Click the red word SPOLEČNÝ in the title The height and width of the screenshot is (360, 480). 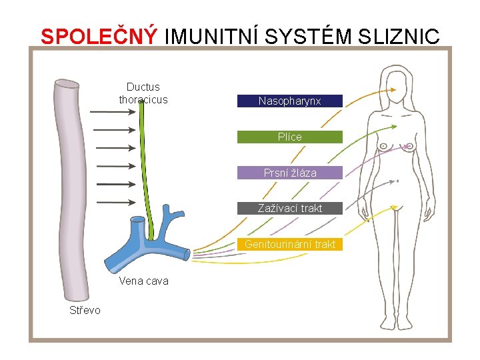coord(99,36)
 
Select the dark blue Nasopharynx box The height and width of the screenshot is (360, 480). coord(290,101)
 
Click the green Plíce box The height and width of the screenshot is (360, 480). coord(290,137)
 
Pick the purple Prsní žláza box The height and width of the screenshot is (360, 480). coord(290,173)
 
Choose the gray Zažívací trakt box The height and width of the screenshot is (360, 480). coord(290,208)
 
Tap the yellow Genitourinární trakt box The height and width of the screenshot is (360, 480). coord(290,244)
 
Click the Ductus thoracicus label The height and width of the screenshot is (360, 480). coord(143,93)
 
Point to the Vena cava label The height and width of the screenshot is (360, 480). coord(143,281)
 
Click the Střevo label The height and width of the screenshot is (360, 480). coord(85,310)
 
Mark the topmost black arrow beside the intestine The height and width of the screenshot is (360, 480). coord(111,112)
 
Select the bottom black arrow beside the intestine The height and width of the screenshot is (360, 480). coord(111,202)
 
